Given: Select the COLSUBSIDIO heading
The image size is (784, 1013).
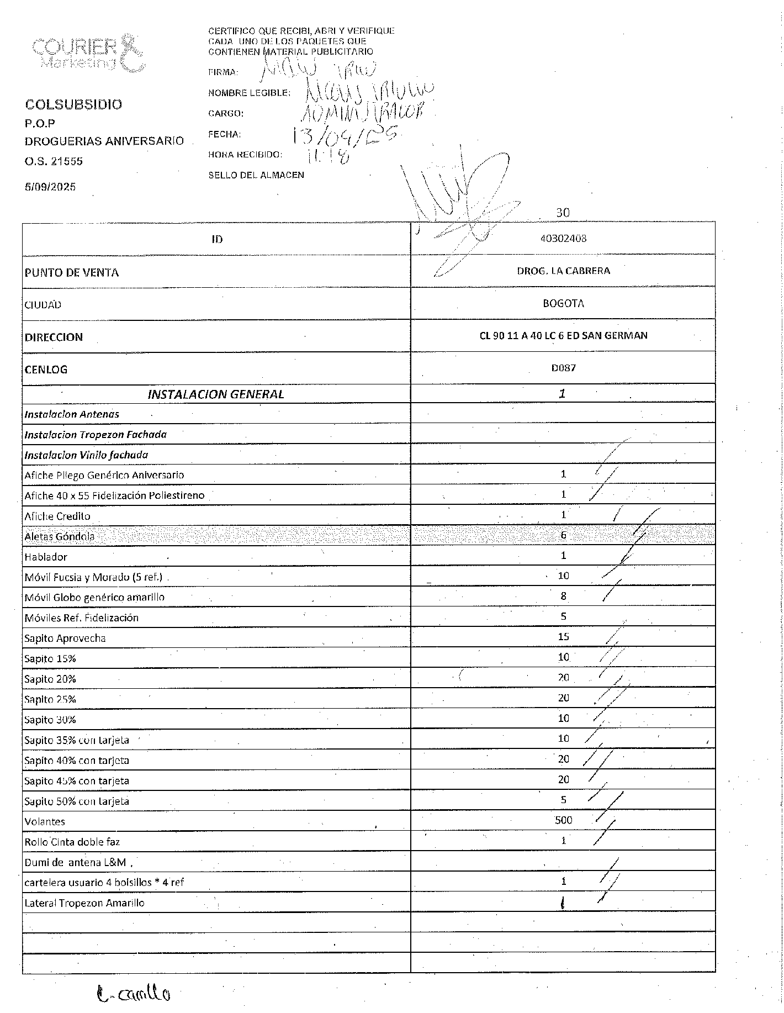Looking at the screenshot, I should click(73, 104).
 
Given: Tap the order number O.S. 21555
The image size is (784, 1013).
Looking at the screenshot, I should click(54, 161).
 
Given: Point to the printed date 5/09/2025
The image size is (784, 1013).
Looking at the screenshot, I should click(50, 187).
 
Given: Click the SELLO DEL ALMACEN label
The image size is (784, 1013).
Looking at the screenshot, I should click(256, 175).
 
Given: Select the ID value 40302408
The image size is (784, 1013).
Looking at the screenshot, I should click(563, 239).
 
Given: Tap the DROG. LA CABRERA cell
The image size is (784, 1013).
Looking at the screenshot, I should click(563, 271).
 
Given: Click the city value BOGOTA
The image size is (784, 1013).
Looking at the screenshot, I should click(563, 303).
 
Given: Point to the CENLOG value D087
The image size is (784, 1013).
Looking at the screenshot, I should click(563, 367).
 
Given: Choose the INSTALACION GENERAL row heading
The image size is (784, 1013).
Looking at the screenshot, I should click(216, 394).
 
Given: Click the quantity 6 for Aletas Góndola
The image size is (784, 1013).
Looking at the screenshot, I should click(563, 535).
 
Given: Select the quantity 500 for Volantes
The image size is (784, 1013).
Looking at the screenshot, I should click(563, 820).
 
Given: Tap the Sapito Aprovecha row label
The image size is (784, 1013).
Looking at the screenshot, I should click(65, 639).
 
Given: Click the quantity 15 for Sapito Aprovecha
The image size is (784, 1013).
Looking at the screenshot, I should click(563, 637).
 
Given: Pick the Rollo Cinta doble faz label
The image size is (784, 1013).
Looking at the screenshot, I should click(72, 842).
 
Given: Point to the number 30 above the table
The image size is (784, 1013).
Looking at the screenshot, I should click(563, 213).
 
